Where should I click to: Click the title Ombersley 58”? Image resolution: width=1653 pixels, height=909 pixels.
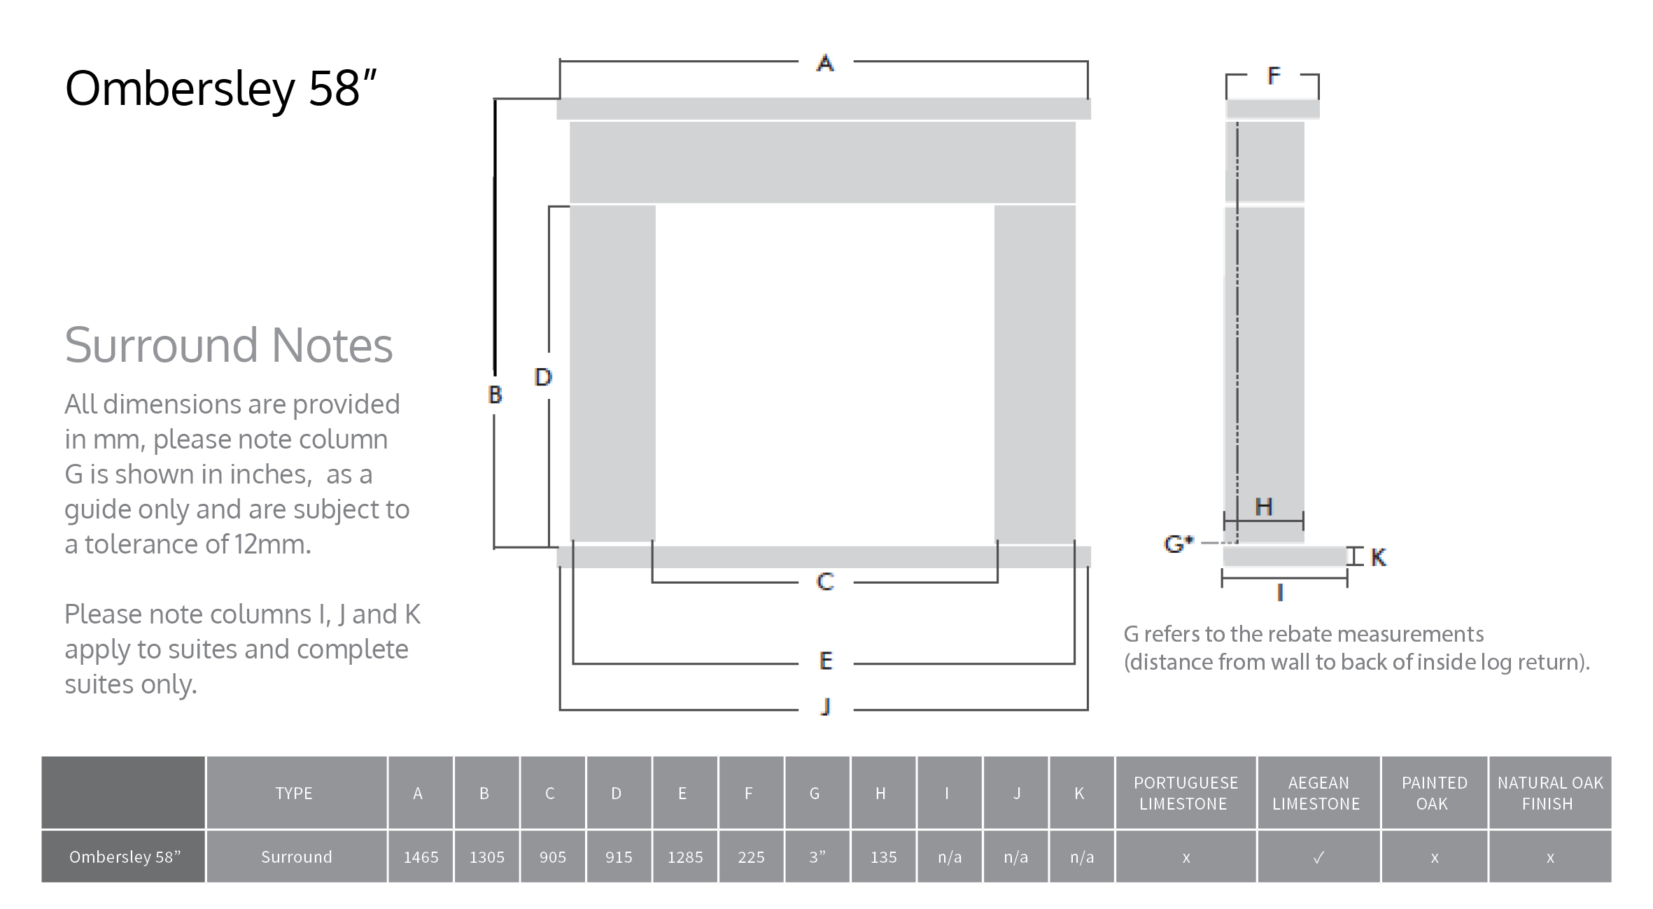point(220,89)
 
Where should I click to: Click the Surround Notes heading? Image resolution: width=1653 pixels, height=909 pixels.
point(228,345)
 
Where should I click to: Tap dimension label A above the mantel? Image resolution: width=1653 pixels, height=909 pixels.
point(825,64)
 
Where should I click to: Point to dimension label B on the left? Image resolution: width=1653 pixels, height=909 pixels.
point(495,395)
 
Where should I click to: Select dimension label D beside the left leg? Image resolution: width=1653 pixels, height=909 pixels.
point(543,377)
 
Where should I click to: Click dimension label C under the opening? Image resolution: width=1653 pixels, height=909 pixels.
point(825,582)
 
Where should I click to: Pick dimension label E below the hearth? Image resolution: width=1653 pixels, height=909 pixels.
point(826,661)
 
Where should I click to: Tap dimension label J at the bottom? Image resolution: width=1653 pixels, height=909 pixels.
point(826,707)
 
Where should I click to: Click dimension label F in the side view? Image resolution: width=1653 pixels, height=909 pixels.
point(1274,76)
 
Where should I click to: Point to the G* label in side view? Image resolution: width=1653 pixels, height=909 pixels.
point(1179,543)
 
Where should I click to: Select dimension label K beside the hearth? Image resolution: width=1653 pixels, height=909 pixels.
point(1378,557)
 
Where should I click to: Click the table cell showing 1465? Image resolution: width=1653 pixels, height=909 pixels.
point(421,857)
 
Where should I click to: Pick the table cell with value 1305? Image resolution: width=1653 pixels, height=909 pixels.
point(486,857)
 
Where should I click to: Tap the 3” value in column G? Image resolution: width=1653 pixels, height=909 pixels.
point(817,857)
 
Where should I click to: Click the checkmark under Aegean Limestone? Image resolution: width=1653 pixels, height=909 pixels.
point(1318,857)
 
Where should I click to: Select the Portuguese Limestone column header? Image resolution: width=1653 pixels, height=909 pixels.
point(1186,793)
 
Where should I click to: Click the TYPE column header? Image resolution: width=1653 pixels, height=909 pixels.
point(294,793)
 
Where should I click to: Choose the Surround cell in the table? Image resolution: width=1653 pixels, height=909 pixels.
point(296,857)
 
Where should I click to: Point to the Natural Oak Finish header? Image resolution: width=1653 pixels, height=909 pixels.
point(1549,793)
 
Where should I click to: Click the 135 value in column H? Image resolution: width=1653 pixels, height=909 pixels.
point(883,857)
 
